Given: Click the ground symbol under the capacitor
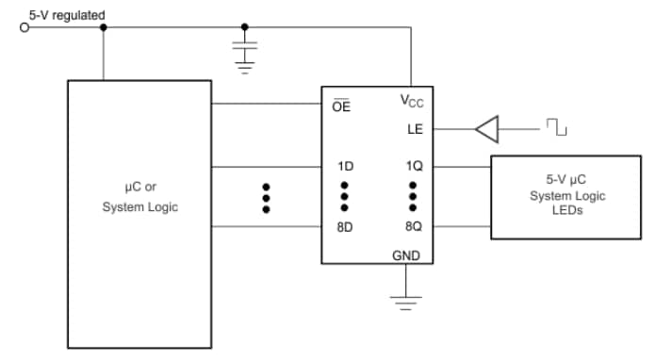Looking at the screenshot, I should (x=245, y=66).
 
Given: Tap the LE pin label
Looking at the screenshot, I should (x=415, y=129).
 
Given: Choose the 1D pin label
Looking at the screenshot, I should (x=345, y=167).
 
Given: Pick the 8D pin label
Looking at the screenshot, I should (x=345, y=227).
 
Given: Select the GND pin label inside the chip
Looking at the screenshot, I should (x=406, y=255).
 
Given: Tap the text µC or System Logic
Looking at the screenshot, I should (x=139, y=197).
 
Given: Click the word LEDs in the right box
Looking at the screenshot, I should (x=566, y=210).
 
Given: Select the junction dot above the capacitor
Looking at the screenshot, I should (x=245, y=27).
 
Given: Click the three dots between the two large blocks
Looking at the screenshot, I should (x=266, y=197).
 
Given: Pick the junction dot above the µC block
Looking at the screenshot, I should (x=103, y=27).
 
